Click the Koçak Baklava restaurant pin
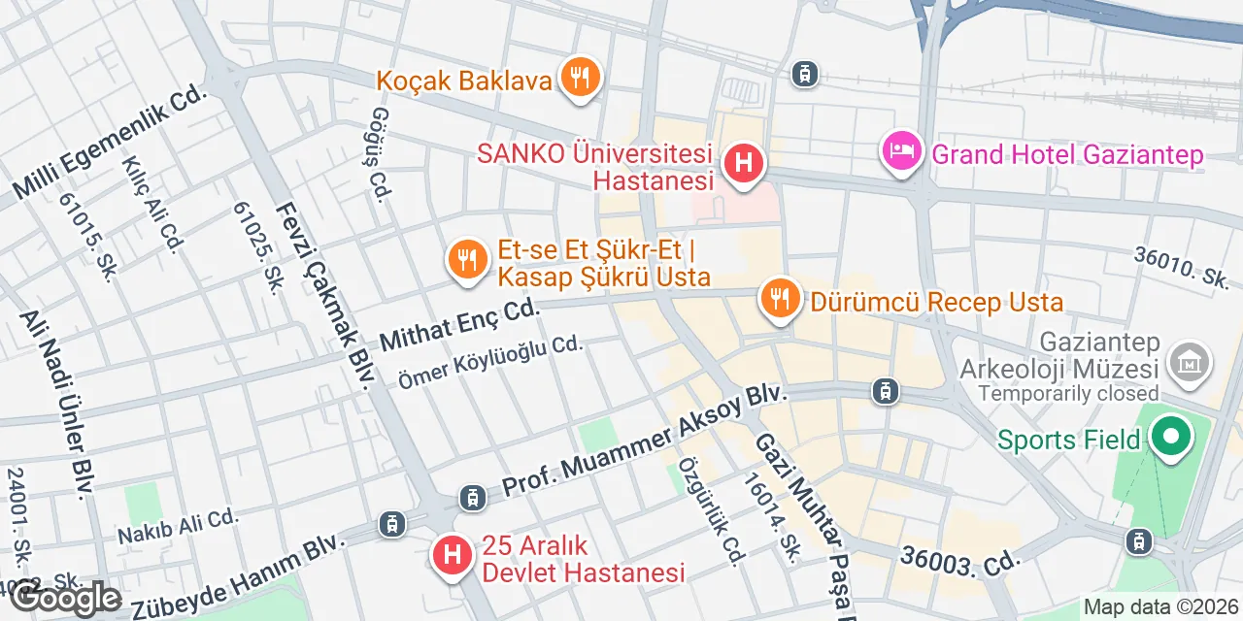point(581,77)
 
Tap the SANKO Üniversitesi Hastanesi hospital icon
point(744,162)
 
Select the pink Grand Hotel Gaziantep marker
point(902,151)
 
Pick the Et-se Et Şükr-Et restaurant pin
point(468,260)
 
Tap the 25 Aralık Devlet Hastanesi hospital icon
point(451,556)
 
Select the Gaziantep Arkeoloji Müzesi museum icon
point(1190,362)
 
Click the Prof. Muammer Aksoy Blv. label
point(642,443)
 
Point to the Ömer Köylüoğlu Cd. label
point(490,362)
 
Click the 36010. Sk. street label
point(1183,266)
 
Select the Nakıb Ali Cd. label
point(178,526)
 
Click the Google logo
point(66,598)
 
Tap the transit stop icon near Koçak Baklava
point(803,73)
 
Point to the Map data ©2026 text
point(1161,607)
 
